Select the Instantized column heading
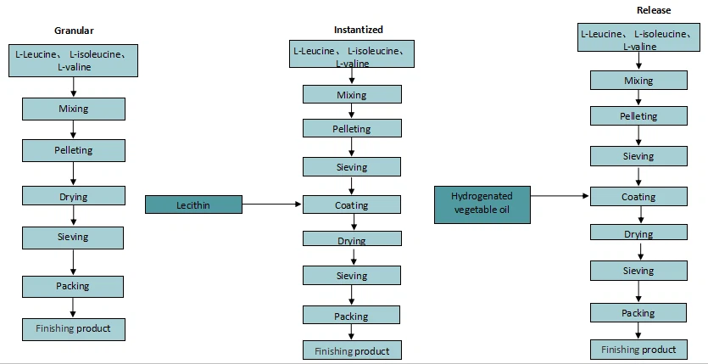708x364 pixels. pyautogui.click(x=358, y=30)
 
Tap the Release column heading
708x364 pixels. pyautogui.click(x=654, y=10)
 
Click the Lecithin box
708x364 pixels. pyautogui.click(x=193, y=204)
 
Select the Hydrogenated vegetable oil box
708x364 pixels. pyautogui.click(x=482, y=204)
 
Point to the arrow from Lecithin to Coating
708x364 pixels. pyautogui.click(x=272, y=204)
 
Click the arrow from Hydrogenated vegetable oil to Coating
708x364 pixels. pyautogui.click(x=560, y=196)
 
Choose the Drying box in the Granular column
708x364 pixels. pyautogui.click(x=73, y=196)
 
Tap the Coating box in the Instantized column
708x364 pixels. pyautogui.click(x=352, y=204)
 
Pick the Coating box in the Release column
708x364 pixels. pyautogui.click(x=638, y=196)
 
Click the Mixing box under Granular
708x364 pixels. pyautogui.click(x=73, y=109)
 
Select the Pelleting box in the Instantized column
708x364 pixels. pyautogui.click(x=352, y=128)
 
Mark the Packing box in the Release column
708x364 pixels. pyautogui.click(x=638, y=312)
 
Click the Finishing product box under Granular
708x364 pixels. pyautogui.click(x=73, y=328)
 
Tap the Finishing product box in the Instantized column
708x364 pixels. pyautogui.click(x=352, y=350)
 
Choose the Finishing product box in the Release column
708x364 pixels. pyautogui.click(x=638, y=349)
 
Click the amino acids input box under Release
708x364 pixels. pyautogui.click(x=638, y=39)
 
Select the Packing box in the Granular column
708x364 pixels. pyautogui.click(x=73, y=286)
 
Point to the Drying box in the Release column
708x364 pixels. pyautogui.click(x=638, y=233)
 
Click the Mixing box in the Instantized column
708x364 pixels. pyautogui.click(x=352, y=94)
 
